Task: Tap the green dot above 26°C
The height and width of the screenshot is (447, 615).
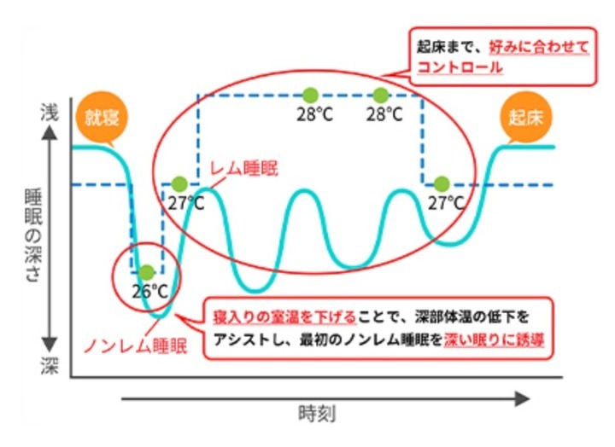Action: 146,271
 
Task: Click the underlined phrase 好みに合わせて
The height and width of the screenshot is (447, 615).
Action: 537,46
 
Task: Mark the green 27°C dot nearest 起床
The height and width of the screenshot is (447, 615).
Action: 442,183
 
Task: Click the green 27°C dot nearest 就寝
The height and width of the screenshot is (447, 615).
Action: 179,183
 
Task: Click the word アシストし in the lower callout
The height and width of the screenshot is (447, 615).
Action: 242,340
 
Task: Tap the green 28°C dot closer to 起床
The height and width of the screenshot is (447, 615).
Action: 381,94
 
